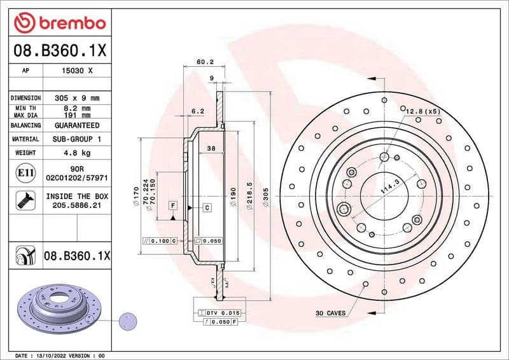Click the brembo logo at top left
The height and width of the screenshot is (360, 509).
tap(59, 24)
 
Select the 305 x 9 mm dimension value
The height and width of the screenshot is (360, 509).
tap(76, 99)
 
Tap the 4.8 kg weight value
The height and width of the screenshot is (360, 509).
tap(76, 153)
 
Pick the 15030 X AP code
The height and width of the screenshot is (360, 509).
tap(76, 71)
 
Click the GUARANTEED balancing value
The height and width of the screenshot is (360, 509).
tap(76, 126)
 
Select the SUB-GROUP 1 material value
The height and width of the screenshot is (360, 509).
tap(76, 139)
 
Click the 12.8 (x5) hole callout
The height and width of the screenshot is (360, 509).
tap(423, 111)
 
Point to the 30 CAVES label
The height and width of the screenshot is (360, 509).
tap(330, 313)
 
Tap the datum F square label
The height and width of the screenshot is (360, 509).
tap(172, 205)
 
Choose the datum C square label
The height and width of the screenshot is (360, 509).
tap(207, 208)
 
